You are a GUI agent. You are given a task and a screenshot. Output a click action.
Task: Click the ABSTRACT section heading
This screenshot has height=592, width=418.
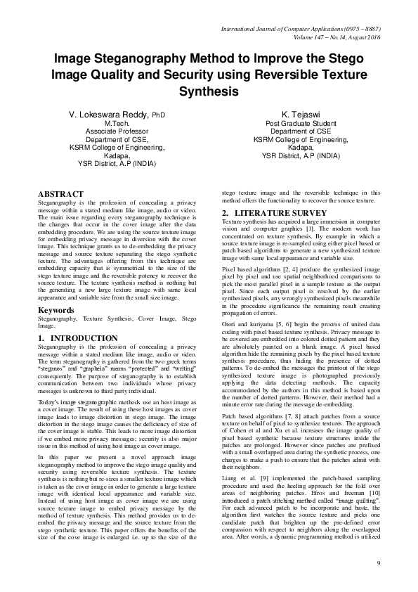click(x=60, y=194)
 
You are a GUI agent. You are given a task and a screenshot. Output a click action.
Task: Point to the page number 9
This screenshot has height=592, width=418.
click(x=378, y=564)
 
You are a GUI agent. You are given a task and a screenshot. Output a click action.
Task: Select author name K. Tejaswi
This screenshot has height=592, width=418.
click(x=301, y=114)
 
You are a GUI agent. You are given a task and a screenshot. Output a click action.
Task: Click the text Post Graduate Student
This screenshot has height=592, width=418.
click(x=301, y=123)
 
